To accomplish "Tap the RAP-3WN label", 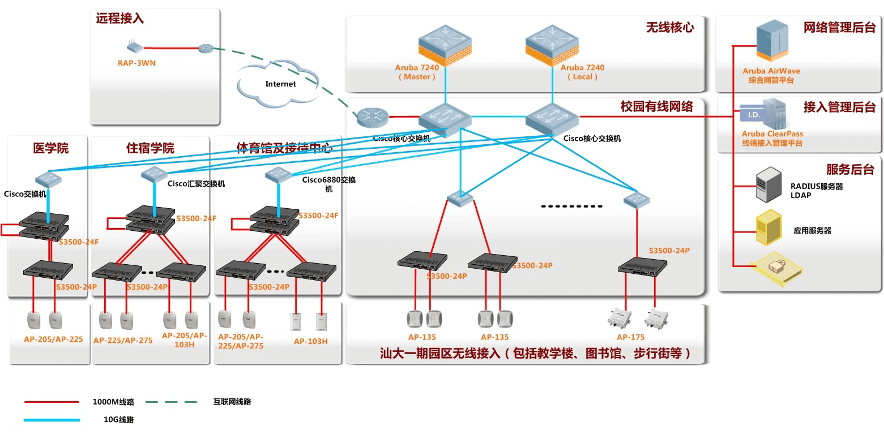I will pyautogui.click(x=136, y=63).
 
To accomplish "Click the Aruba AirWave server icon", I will pyautogui.click(x=771, y=41).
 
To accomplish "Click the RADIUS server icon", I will pyautogui.click(x=769, y=184).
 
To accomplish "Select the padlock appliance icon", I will pyautogui.click(x=776, y=266).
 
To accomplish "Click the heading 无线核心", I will pyautogui.click(x=670, y=27).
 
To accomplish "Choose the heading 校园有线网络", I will pyautogui.click(x=656, y=106).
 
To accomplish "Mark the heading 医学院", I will pyautogui.click(x=51, y=148).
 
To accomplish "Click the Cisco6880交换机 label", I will pyautogui.click(x=328, y=184).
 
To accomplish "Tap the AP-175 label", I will pyautogui.click(x=630, y=337).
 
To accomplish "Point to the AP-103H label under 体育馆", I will pyautogui.click(x=310, y=341).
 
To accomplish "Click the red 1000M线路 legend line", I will pyautogui.click(x=52, y=402).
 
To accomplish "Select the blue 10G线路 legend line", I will pyautogui.click(x=52, y=420).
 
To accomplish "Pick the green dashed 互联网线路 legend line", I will pyautogui.click(x=171, y=402).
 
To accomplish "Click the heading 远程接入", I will pyautogui.click(x=119, y=19).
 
